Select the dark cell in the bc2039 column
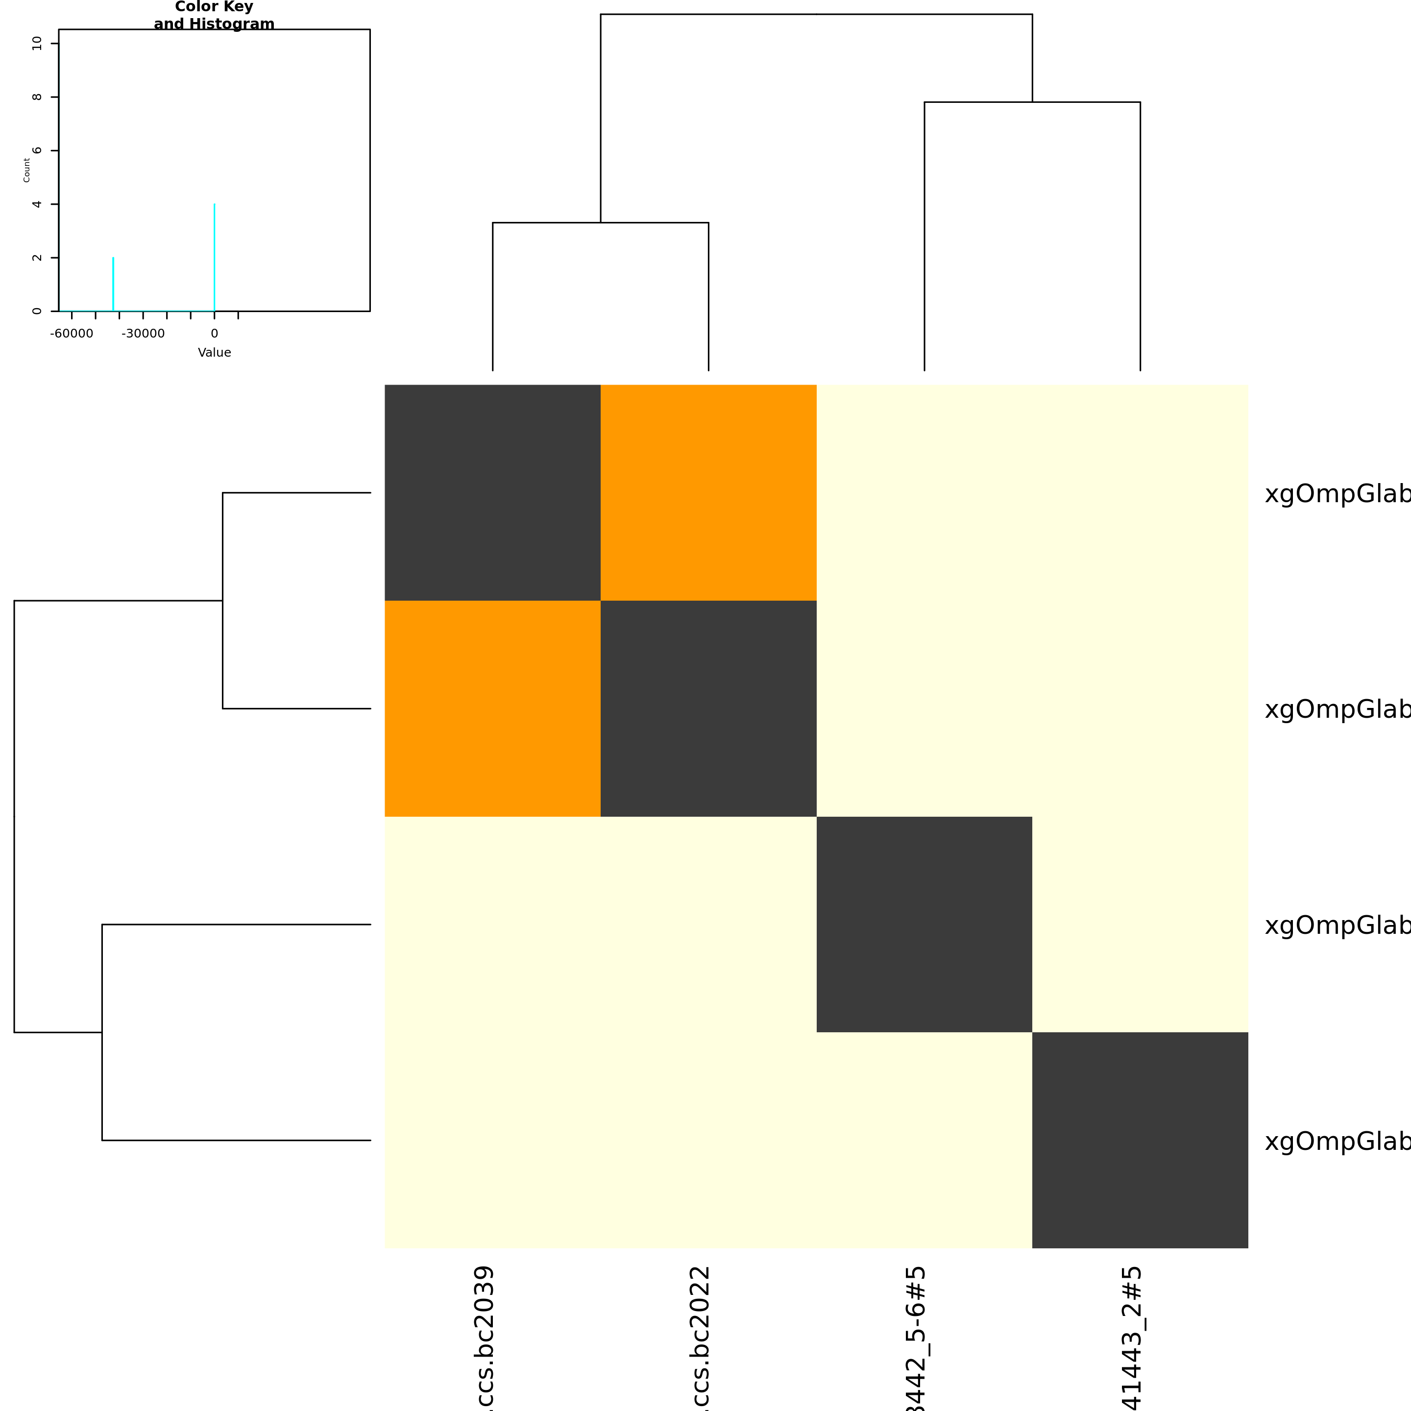(x=492, y=492)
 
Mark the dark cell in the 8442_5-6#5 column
(x=924, y=924)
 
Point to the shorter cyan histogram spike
(x=113, y=284)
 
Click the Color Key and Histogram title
(x=214, y=15)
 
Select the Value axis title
(x=214, y=353)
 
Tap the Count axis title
(x=27, y=170)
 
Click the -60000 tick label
(x=72, y=334)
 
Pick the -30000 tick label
(x=143, y=334)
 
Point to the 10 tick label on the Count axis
(x=37, y=44)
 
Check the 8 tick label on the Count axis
(x=37, y=97)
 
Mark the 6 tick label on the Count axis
(x=37, y=150)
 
